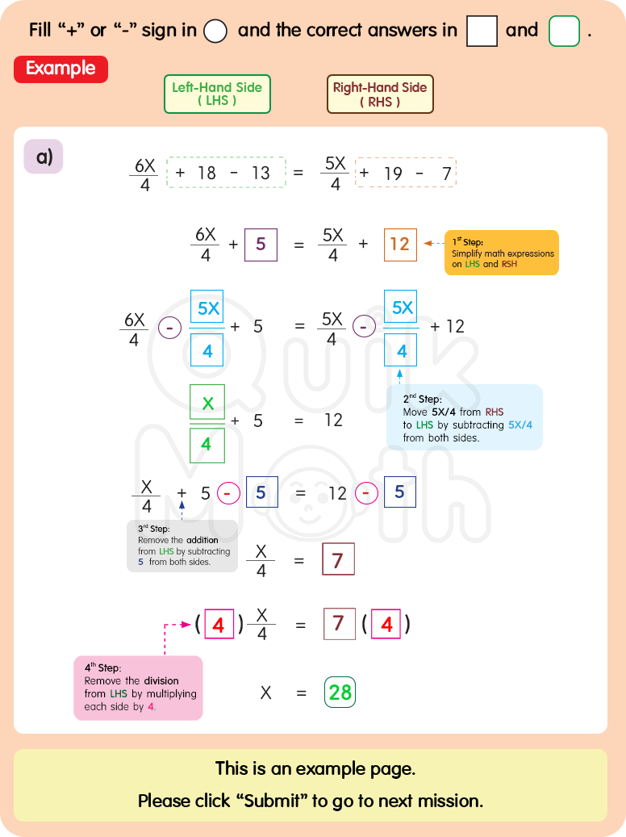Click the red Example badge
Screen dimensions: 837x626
tap(61, 69)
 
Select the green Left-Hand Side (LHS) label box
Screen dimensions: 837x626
tap(217, 94)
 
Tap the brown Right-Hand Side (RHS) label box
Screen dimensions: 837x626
tap(380, 94)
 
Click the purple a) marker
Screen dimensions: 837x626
tap(44, 157)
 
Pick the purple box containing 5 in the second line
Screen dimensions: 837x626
tap(261, 244)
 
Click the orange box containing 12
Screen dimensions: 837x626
tap(400, 244)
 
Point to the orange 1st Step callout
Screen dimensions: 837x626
tap(501, 253)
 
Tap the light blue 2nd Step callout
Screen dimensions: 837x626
tap(464, 416)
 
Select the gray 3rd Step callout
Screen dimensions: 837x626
tap(182, 546)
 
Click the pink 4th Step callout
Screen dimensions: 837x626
tap(138, 688)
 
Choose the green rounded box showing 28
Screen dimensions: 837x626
tap(340, 692)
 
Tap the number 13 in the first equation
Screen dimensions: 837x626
tap(261, 173)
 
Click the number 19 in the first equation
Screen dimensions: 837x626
tap(393, 173)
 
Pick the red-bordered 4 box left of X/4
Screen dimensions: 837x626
tap(219, 624)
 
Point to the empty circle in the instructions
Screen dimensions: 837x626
tap(215, 31)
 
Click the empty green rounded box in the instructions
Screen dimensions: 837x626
tap(564, 31)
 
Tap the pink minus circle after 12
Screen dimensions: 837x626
tap(366, 492)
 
